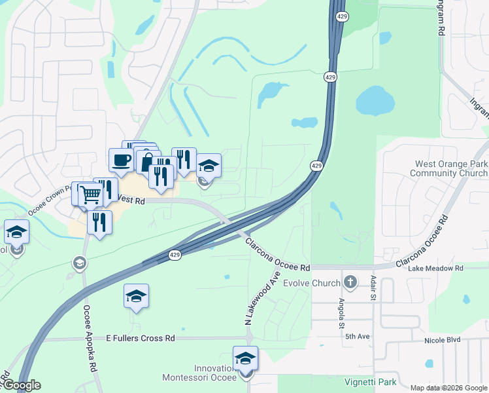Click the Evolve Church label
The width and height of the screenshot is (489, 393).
pyautogui.click(x=312, y=283)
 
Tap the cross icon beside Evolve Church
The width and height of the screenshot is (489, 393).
pyautogui.click(x=350, y=282)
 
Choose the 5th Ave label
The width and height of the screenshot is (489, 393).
pyautogui.click(x=354, y=337)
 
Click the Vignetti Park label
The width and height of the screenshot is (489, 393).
pyautogui.click(x=370, y=381)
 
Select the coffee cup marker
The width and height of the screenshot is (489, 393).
pyautogui.click(x=121, y=160)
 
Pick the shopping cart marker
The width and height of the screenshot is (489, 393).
pyautogui.click(x=90, y=194)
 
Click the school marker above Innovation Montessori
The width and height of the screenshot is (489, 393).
pyautogui.click(x=245, y=358)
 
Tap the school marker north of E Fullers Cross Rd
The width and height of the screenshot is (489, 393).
pyautogui.click(x=136, y=296)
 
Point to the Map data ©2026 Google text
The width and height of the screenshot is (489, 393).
pyautogui.click(x=449, y=388)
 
